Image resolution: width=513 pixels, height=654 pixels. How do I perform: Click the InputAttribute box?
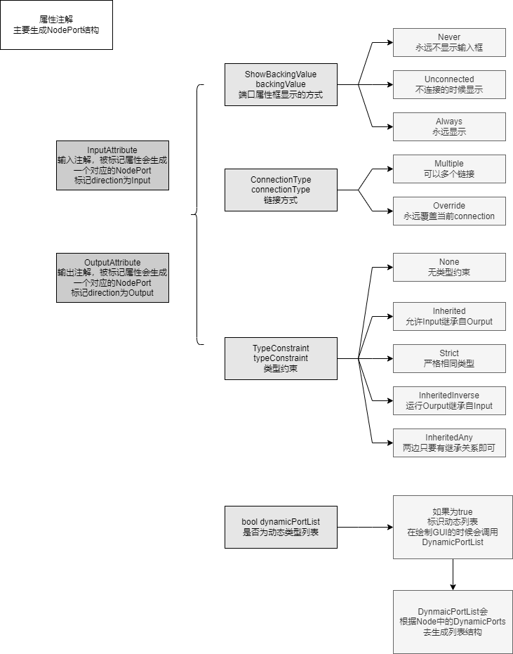[x=112, y=165]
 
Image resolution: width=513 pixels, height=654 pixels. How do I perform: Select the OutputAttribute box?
[x=112, y=277]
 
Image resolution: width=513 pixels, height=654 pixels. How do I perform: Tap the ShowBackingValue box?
[x=281, y=85]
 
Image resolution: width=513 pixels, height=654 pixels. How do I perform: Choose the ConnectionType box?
[x=281, y=190]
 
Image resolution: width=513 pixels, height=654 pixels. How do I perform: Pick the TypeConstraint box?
[x=281, y=358]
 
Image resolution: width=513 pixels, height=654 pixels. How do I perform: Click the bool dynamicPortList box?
[x=281, y=527]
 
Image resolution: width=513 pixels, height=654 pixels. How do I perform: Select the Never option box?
[x=449, y=43]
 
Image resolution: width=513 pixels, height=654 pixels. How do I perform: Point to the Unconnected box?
[x=449, y=85]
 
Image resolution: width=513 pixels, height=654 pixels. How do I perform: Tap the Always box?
[x=449, y=126]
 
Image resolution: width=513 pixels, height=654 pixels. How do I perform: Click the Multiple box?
[x=449, y=169]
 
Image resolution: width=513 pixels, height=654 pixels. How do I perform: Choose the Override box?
[x=449, y=211]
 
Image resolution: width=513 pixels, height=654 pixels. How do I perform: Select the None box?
[x=449, y=268]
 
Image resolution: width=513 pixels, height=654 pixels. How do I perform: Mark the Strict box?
[x=449, y=359]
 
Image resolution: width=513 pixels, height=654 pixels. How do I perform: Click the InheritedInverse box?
[x=449, y=401]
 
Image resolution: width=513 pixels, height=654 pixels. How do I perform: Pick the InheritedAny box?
[x=449, y=443]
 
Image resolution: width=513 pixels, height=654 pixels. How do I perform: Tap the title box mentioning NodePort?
[x=56, y=25]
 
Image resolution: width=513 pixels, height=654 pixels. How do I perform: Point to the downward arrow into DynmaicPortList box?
[x=453, y=575]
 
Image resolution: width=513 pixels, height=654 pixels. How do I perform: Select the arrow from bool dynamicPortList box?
[x=365, y=527]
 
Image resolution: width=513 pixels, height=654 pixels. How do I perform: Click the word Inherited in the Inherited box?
[x=449, y=311]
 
